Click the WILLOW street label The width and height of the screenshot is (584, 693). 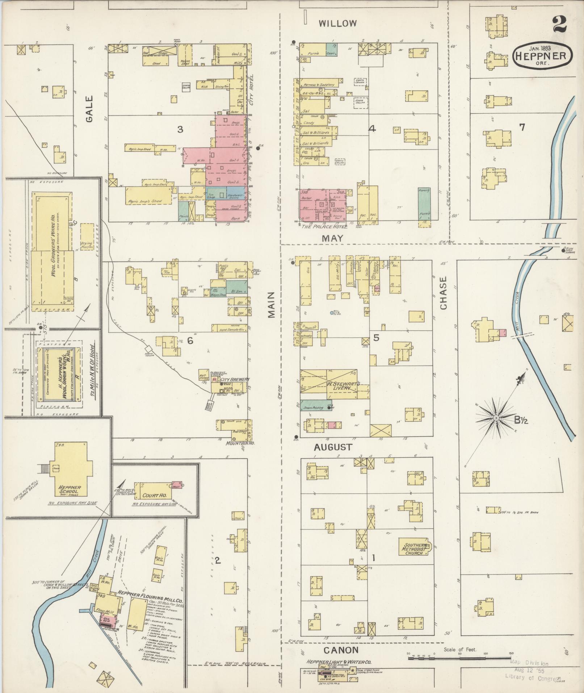(338, 24)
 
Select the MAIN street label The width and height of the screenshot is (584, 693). (272, 305)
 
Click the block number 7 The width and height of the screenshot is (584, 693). (522, 127)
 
